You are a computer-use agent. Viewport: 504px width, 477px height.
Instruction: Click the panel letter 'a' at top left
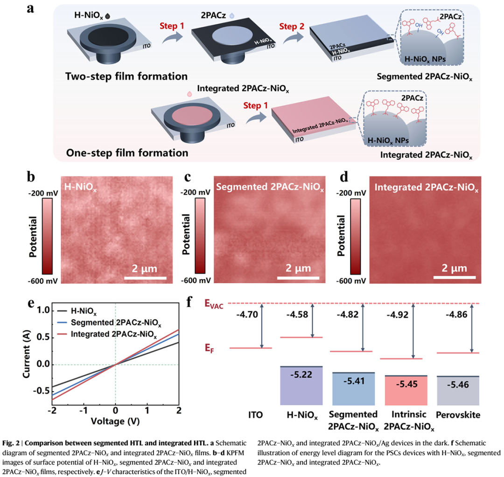coord(31,8)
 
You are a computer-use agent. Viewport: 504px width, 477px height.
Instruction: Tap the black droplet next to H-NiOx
coord(109,15)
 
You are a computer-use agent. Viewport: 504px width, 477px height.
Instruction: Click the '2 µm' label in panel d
coord(453,268)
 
